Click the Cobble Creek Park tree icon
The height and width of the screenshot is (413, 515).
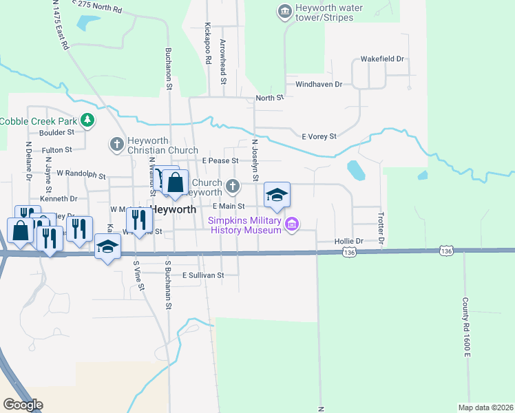click(87, 121)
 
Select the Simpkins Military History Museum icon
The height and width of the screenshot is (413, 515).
click(292, 224)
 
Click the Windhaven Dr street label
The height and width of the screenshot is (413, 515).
click(319, 84)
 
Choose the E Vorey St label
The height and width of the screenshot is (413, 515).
click(319, 136)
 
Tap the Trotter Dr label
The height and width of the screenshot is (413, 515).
click(379, 230)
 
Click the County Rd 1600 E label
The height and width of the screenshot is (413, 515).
click(465, 327)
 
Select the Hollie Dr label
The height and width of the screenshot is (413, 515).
click(348, 242)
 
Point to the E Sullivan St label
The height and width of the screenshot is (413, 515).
click(203, 275)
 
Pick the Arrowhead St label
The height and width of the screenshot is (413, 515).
click(223, 62)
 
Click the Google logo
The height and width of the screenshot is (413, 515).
click(23, 405)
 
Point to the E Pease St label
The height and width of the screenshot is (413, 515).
click(220, 160)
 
